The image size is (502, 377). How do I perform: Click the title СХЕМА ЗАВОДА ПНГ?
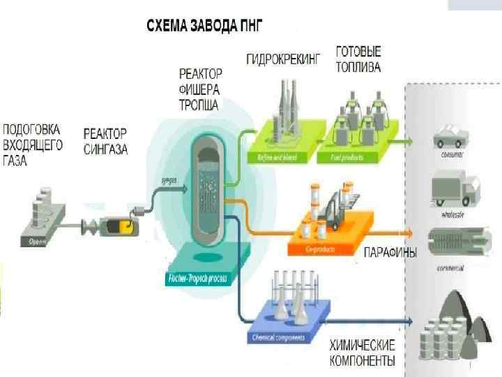point(204,26)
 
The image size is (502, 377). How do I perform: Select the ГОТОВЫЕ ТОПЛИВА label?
point(358,60)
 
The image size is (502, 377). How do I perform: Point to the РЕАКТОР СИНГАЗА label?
point(106,141)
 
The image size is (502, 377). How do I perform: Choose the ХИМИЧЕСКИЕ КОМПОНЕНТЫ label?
point(362,353)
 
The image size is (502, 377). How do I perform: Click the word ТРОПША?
point(198,105)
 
